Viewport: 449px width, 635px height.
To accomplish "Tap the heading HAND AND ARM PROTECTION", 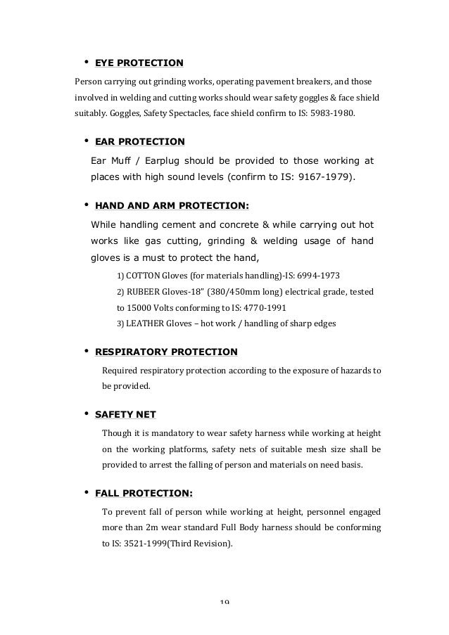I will point(171,206).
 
